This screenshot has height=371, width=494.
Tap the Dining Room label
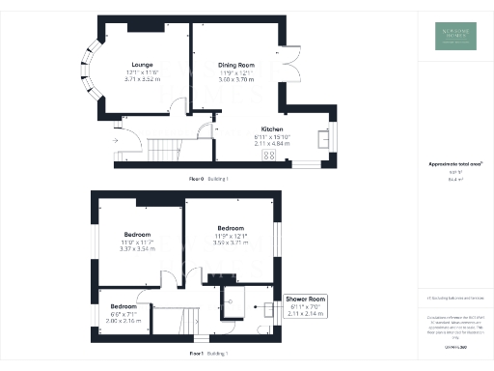tap(235, 65)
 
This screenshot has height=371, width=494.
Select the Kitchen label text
tap(270, 128)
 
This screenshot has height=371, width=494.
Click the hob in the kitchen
tap(268, 155)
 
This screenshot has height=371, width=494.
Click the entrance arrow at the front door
tap(115, 141)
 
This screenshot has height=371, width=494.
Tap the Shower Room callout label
tap(306, 300)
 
